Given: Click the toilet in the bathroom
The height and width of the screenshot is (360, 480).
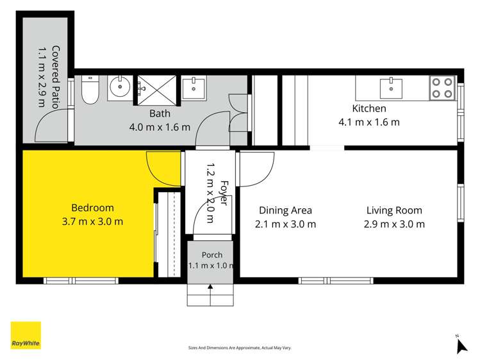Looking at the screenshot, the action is (x=90, y=89).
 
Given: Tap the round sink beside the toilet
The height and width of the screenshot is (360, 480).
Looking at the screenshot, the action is (x=120, y=86).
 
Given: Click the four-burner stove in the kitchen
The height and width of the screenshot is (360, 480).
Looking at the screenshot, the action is (x=442, y=88).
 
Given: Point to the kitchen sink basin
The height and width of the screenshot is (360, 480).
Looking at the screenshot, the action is (x=391, y=88).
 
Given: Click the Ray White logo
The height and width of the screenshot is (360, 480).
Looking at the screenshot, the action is (x=26, y=335).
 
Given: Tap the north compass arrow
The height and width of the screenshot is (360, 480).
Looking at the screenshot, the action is (x=461, y=347).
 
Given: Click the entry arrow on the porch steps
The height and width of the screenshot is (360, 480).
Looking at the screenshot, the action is (x=210, y=295).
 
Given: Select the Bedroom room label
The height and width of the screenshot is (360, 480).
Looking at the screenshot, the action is (x=92, y=208).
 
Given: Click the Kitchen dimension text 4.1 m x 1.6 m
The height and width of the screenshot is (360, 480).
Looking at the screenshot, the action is (x=369, y=122).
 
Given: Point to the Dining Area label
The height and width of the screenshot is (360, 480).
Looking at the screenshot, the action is (x=285, y=211).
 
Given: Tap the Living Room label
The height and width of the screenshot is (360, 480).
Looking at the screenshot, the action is (x=394, y=211).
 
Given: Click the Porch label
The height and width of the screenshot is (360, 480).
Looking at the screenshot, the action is (x=212, y=255).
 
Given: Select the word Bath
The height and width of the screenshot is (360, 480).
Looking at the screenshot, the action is (x=160, y=113).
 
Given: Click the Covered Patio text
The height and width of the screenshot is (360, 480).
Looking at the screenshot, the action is (x=55, y=77).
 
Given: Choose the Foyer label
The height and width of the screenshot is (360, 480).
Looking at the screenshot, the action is (x=224, y=193).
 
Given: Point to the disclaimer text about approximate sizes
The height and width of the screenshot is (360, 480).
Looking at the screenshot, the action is (x=240, y=348).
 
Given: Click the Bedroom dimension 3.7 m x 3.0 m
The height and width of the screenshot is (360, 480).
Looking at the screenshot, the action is (x=92, y=222).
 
